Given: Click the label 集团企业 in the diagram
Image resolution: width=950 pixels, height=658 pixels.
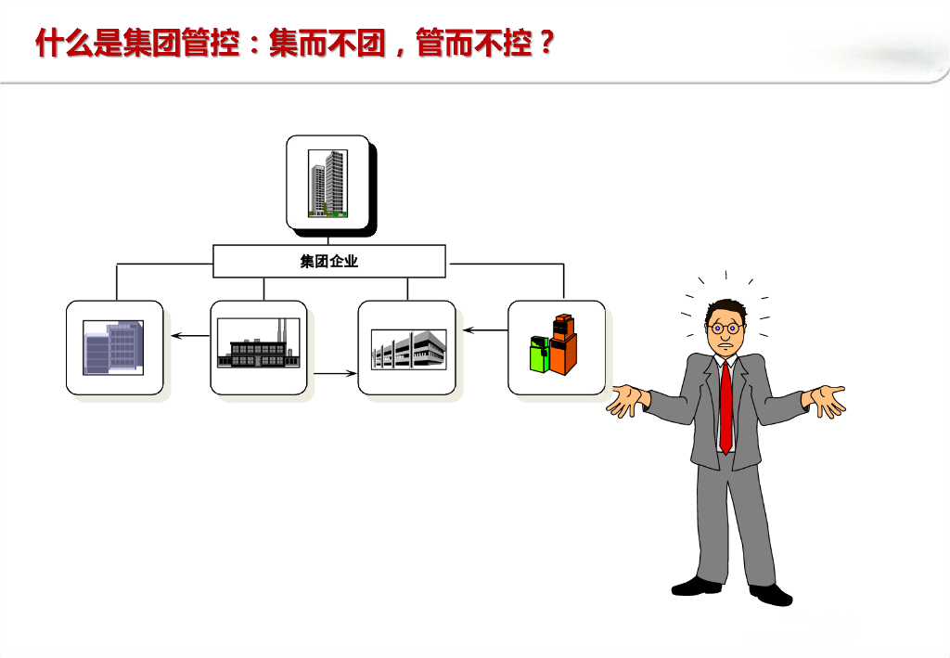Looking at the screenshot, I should tap(329, 262).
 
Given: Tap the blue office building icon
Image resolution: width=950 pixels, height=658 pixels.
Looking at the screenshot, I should tap(114, 347).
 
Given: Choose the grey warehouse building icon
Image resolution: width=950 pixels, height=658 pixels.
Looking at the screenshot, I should tap(408, 349).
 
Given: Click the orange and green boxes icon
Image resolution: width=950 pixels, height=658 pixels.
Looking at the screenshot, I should tap(555, 345).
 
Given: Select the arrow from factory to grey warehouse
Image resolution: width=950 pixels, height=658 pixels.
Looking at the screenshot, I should tap(335, 373).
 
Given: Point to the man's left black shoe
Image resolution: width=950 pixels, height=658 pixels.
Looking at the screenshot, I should tap(696, 586).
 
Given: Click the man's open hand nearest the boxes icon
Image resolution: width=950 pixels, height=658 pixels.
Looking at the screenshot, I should tap(627, 401).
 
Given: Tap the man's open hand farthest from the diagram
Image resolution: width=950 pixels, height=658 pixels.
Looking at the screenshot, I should tap(827, 399).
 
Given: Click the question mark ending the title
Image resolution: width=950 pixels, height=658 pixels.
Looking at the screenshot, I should tap(545, 43).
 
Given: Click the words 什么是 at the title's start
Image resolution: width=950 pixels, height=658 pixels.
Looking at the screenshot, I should tap(78, 43).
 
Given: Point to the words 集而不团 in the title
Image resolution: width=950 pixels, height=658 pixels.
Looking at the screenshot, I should tap(327, 43).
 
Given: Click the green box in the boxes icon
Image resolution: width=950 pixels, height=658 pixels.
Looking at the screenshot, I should tap(539, 355).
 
